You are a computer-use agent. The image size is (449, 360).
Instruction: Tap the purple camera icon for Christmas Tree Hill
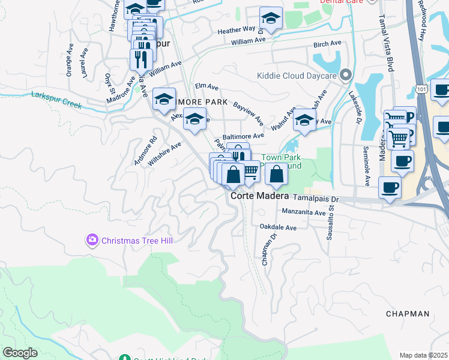[92, 241]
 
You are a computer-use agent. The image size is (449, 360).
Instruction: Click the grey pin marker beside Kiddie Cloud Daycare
[345, 76]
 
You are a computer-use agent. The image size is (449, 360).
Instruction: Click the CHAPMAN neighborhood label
[408, 314]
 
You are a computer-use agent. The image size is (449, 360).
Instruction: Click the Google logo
[20, 352]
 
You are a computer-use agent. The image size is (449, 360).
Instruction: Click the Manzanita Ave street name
[304, 212]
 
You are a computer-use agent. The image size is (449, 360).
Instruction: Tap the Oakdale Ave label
[278, 228]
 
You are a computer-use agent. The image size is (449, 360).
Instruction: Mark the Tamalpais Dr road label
[316, 198]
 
